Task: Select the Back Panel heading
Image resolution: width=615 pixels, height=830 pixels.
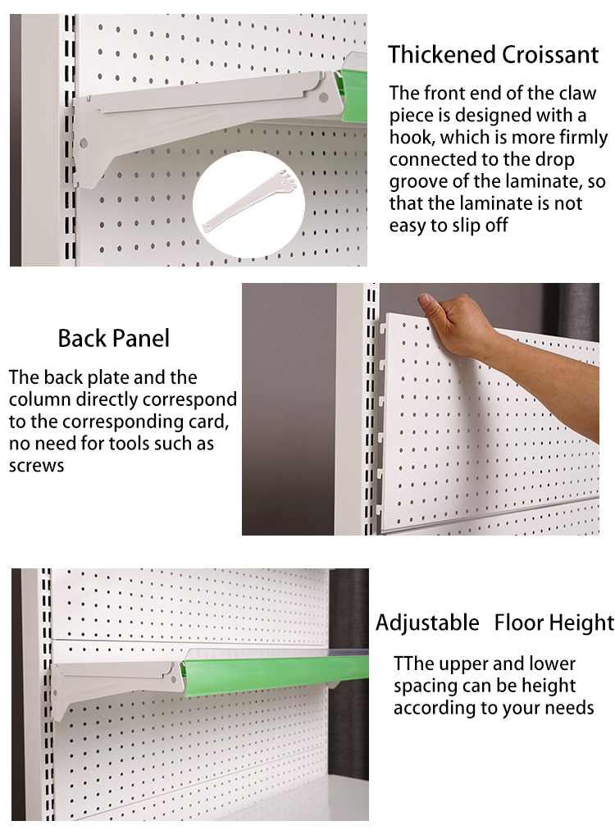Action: click(114, 338)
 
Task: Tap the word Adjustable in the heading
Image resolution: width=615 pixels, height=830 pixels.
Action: click(427, 622)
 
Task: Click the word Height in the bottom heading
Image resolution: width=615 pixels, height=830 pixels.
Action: click(584, 622)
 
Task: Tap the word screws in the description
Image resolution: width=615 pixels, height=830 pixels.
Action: click(37, 466)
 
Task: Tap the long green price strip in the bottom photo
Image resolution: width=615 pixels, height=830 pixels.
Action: click(271, 666)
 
